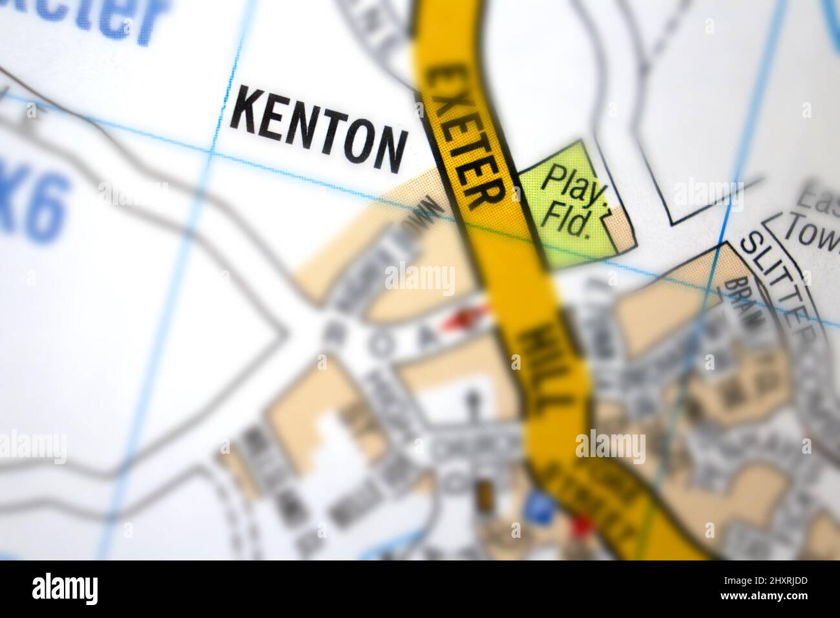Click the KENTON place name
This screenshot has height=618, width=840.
[x=319, y=128]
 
